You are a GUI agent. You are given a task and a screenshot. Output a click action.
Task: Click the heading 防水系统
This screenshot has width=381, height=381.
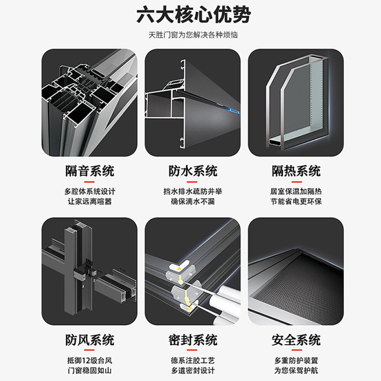pos(193,170)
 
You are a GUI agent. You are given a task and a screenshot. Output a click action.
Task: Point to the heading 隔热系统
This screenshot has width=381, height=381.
pos(296,170)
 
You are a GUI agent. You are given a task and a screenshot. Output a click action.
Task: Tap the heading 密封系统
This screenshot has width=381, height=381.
pos(193,340)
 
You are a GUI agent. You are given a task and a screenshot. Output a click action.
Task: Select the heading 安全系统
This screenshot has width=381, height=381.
pos(296,340)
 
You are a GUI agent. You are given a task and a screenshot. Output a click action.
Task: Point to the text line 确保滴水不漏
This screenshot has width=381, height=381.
pos(193,201)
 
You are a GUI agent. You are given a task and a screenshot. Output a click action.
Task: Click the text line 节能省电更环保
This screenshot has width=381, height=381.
pos(296,201)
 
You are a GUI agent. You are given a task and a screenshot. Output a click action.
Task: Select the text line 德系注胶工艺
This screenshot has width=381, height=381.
pos(193,361)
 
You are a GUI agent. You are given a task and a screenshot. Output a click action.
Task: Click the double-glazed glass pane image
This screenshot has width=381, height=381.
pos(296,102)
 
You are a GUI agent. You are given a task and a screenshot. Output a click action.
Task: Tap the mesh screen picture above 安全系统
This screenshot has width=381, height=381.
pos(296,271)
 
